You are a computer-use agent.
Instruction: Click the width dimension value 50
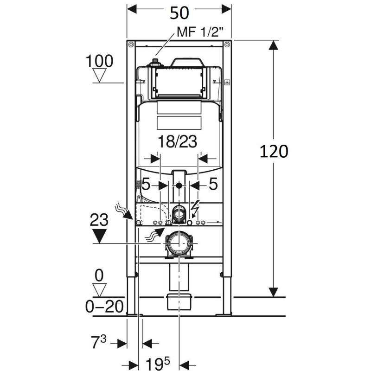click(179, 13)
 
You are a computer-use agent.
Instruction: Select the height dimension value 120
click(274, 151)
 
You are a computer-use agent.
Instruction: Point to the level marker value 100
click(99, 61)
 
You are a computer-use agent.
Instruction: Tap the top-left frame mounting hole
click(131, 45)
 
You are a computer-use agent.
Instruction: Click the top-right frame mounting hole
click(227, 45)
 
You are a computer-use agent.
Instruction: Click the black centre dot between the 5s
click(179, 185)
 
